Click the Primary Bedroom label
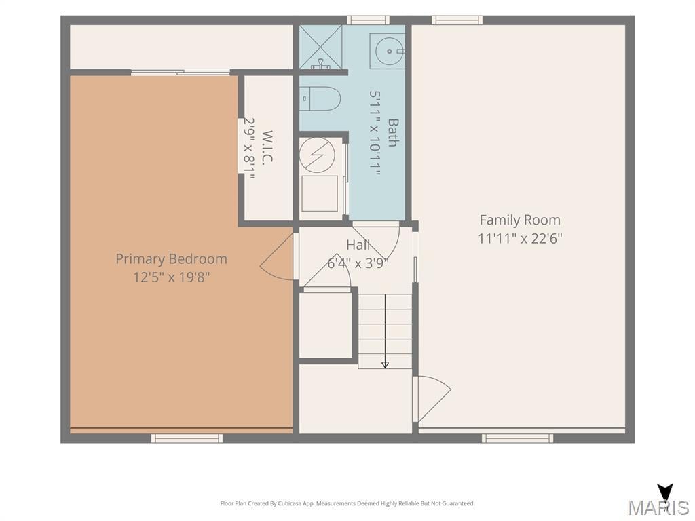pyautogui.click(x=171, y=259)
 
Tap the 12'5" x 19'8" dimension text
pyautogui.click(x=171, y=277)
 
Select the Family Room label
pyautogui.click(x=520, y=220)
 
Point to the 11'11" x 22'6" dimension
pyautogui.click(x=520, y=238)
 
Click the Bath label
pyautogui.click(x=393, y=132)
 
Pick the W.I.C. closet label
pyautogui.click(x=267, y=147)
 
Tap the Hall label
pyautogui.click(x=358, y=244)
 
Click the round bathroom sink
pyautogui.click(x=389, y=52)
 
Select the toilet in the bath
pyautogui.click(x=320, y=98)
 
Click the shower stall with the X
pyautogui.click(x=320, y=47)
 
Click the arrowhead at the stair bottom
pyautogui.click(x=386, y=364)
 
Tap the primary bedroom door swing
pyautogui.click(x=278, y=257)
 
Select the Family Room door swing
pyautogui.click(x=432, y=399)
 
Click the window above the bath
pyautogui.click(x=368, y=20)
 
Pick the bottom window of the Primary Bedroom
pyautogui.click(x=187, y=438)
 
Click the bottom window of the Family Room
pyautogui.click(x=517, y=438)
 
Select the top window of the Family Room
pyautogui.click(x=457, y=20)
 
